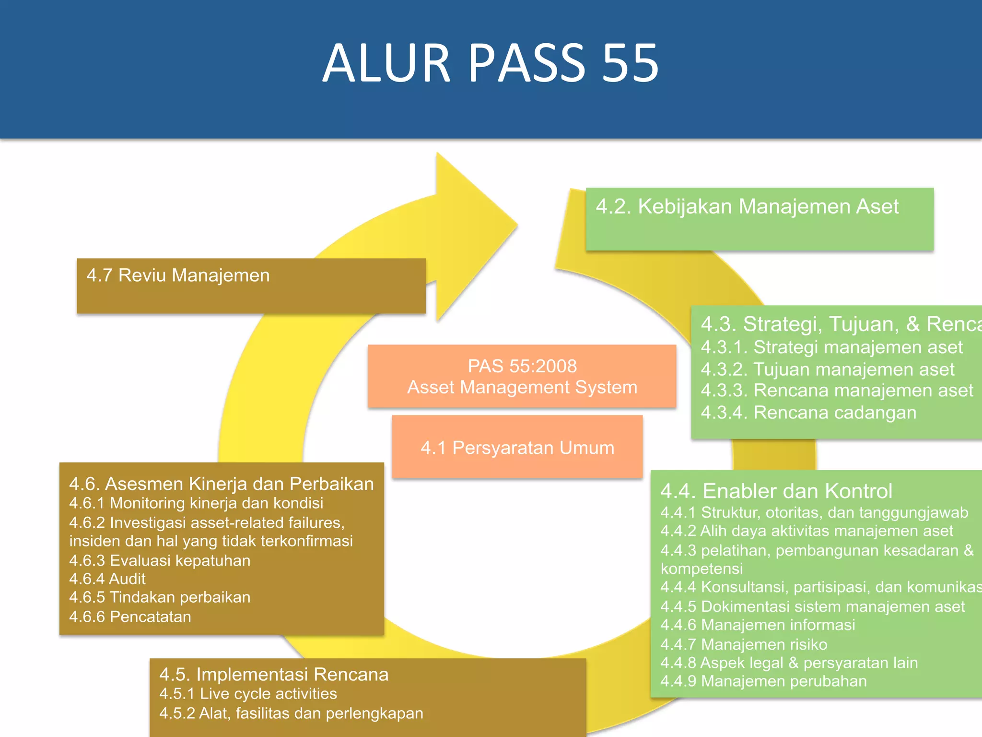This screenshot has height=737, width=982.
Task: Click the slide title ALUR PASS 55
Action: [x=491, y=63]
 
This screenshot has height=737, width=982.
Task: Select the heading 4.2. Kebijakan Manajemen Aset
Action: [x=747, y=206]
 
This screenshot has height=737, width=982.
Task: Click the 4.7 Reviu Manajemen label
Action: [x=178, y=275]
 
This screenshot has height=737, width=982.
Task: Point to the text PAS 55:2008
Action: [x=522, y=366]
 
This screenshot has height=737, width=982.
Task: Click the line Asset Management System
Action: [x=522, y=387]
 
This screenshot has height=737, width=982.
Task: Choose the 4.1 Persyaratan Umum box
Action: [x=517, y=447]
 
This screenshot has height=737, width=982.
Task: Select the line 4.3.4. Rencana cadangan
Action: [x=808, y=413]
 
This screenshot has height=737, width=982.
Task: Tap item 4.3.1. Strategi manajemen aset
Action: [x=831, y=347]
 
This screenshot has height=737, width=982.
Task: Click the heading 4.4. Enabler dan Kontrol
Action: [x=776, y=491]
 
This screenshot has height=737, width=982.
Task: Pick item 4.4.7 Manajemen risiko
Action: [x=744, y=644]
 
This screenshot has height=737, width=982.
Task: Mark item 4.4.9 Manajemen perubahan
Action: [x=763, y=681]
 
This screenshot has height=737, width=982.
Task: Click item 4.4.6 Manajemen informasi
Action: [x=758, y=625]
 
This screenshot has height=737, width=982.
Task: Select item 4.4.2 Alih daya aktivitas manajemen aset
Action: [x=807, y=531]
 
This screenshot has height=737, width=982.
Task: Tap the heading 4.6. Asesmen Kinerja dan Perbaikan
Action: [x=221, y=484]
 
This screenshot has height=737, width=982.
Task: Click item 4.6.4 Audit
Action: [x=107, y=579]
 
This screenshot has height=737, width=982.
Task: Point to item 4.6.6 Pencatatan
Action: [x=130, y=617]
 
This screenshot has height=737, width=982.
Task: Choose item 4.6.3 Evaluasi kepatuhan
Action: [x=160, y=560]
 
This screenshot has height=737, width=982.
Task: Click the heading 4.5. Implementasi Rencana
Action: [x=273, y=674]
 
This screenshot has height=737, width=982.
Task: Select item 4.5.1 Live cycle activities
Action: [x=248, y=694]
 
